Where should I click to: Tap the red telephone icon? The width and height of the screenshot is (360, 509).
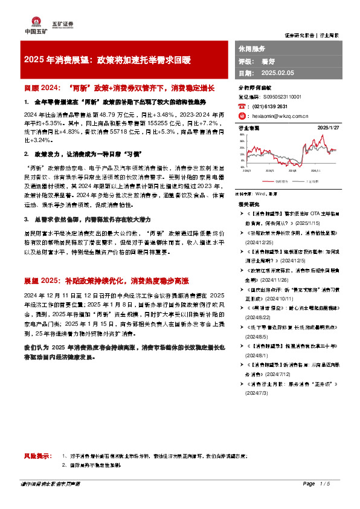point(241,105)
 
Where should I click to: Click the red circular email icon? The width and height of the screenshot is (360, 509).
point(241,115)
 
